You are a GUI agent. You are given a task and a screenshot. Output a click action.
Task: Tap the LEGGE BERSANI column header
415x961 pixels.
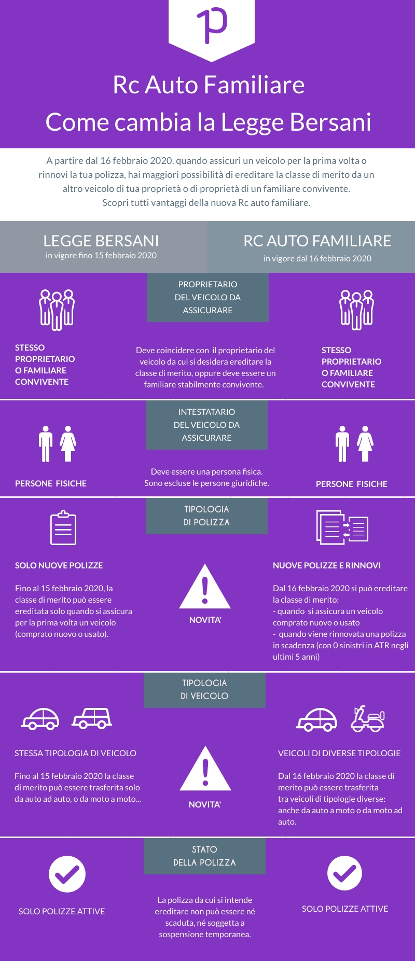[x=101, y=241]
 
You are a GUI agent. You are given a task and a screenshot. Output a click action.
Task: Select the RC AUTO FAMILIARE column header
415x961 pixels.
[x=317, y=241]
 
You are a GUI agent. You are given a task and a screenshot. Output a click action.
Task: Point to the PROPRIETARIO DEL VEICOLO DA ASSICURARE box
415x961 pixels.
[x=208, y=297]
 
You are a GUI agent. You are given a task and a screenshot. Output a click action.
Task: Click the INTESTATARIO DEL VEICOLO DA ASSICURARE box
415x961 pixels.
[x=206, y=425]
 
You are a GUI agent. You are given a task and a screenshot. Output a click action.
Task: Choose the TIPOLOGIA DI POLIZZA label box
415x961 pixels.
[x=206, y=516]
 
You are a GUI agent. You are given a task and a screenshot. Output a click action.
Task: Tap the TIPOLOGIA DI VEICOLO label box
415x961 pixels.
[x=204, y=690]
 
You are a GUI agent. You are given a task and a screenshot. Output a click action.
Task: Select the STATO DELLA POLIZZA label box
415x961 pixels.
[x=204, y=856]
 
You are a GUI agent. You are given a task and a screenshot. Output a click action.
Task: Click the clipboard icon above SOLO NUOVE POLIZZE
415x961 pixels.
[x=63, y=528]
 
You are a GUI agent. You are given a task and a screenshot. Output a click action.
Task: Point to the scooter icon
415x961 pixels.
[x=368, y=719]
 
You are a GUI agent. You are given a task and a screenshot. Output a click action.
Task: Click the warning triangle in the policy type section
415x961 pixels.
[x=205, y=587]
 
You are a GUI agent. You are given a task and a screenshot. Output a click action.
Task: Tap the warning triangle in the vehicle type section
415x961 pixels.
[x=205, y=769]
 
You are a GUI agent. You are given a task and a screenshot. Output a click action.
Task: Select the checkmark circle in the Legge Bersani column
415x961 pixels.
[x=67, y=874]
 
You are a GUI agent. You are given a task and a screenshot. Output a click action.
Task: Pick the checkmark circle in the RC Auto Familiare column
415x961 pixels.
[x=344, y=873]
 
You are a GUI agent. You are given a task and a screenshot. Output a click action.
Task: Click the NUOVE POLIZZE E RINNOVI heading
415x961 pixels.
[x=327, y=565]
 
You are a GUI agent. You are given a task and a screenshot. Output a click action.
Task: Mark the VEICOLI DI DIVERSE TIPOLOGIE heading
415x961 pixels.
[x=339, y=753]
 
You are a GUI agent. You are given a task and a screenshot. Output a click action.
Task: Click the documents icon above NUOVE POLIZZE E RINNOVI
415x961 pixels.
[x=342, y=527]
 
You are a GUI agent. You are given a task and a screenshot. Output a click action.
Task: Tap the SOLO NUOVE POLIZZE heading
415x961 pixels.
[x=59, y=565]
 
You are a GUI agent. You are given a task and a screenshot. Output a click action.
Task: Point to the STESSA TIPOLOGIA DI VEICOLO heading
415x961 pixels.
[x=75, y=753]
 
